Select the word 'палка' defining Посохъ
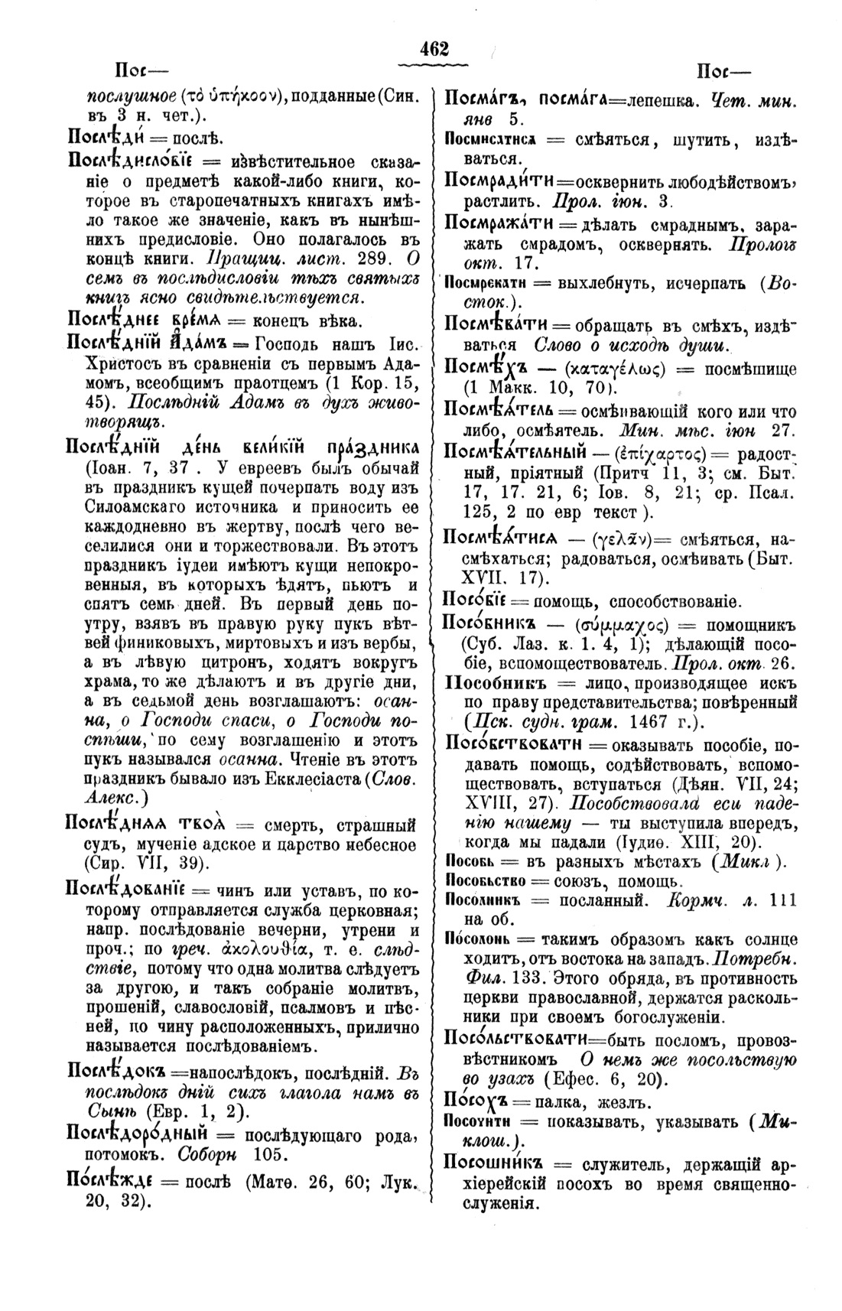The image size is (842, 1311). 558,1104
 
